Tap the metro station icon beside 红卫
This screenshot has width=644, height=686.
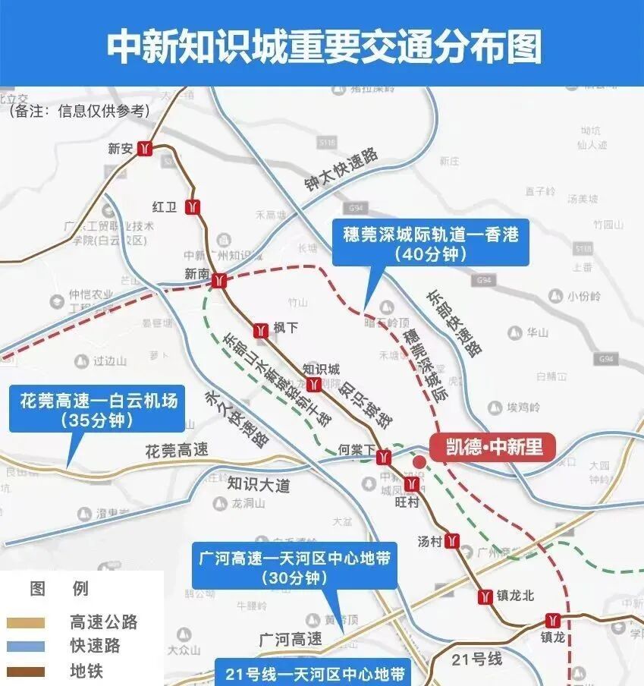tap(193, 206)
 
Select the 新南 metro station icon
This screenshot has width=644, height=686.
tap(219, 281)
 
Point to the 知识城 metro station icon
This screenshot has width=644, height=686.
tap(312, 382)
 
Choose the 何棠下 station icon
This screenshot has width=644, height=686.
tap(385, 456)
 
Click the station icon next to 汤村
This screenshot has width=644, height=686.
tap(453, 541)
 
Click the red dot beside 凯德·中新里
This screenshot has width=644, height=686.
tap(419, 461)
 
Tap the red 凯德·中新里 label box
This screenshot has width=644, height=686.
tap(492, 446)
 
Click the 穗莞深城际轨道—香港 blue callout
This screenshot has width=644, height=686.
tap(430, 244)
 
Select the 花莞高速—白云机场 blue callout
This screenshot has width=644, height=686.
tap(98, 410)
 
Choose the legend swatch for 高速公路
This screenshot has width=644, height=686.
tap(26, 623)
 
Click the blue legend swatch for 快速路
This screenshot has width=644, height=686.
tap(26, 647)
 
